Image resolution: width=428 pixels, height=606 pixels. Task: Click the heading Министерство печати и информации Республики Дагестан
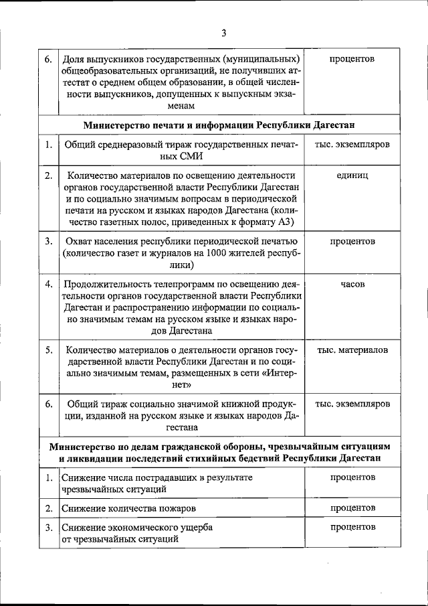[x=218, y=125]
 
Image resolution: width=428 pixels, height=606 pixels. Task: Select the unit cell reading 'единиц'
[x=352, y=175]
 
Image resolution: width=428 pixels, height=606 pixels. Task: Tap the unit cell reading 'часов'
[x=352, y=284]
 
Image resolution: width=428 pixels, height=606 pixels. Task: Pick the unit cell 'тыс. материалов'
[x=352, y=350]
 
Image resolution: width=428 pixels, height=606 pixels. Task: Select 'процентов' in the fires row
[x=352, y=508]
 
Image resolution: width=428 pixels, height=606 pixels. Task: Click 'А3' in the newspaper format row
[x=288, y=222]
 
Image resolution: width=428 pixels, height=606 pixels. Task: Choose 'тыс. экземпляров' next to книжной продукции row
[x=352, y=404]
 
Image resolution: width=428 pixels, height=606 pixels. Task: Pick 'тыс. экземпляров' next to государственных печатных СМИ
[x=352, y=144]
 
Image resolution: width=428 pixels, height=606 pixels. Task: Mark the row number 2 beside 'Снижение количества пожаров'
[x=49, y=508]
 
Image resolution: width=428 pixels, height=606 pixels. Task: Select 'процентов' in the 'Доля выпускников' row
[x=352, y=59]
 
